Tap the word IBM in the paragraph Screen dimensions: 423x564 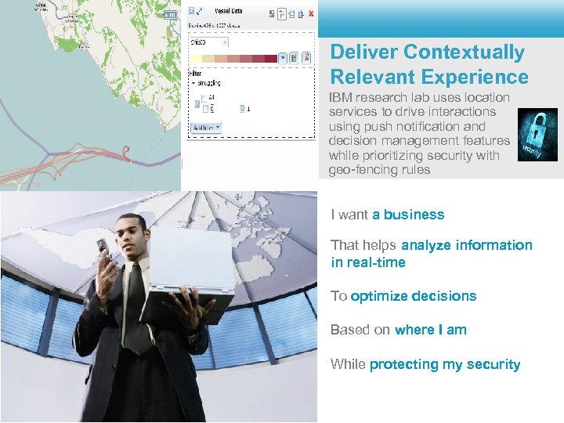point(341,98)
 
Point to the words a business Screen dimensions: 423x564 point(408,215)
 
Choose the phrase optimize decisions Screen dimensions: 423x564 point(414,296)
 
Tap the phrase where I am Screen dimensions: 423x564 point(431,330)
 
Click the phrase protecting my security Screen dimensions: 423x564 point(445,364)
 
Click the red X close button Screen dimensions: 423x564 point(312,13)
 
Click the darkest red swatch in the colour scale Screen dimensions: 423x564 point(271,58)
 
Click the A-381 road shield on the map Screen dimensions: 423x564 point(169,15)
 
